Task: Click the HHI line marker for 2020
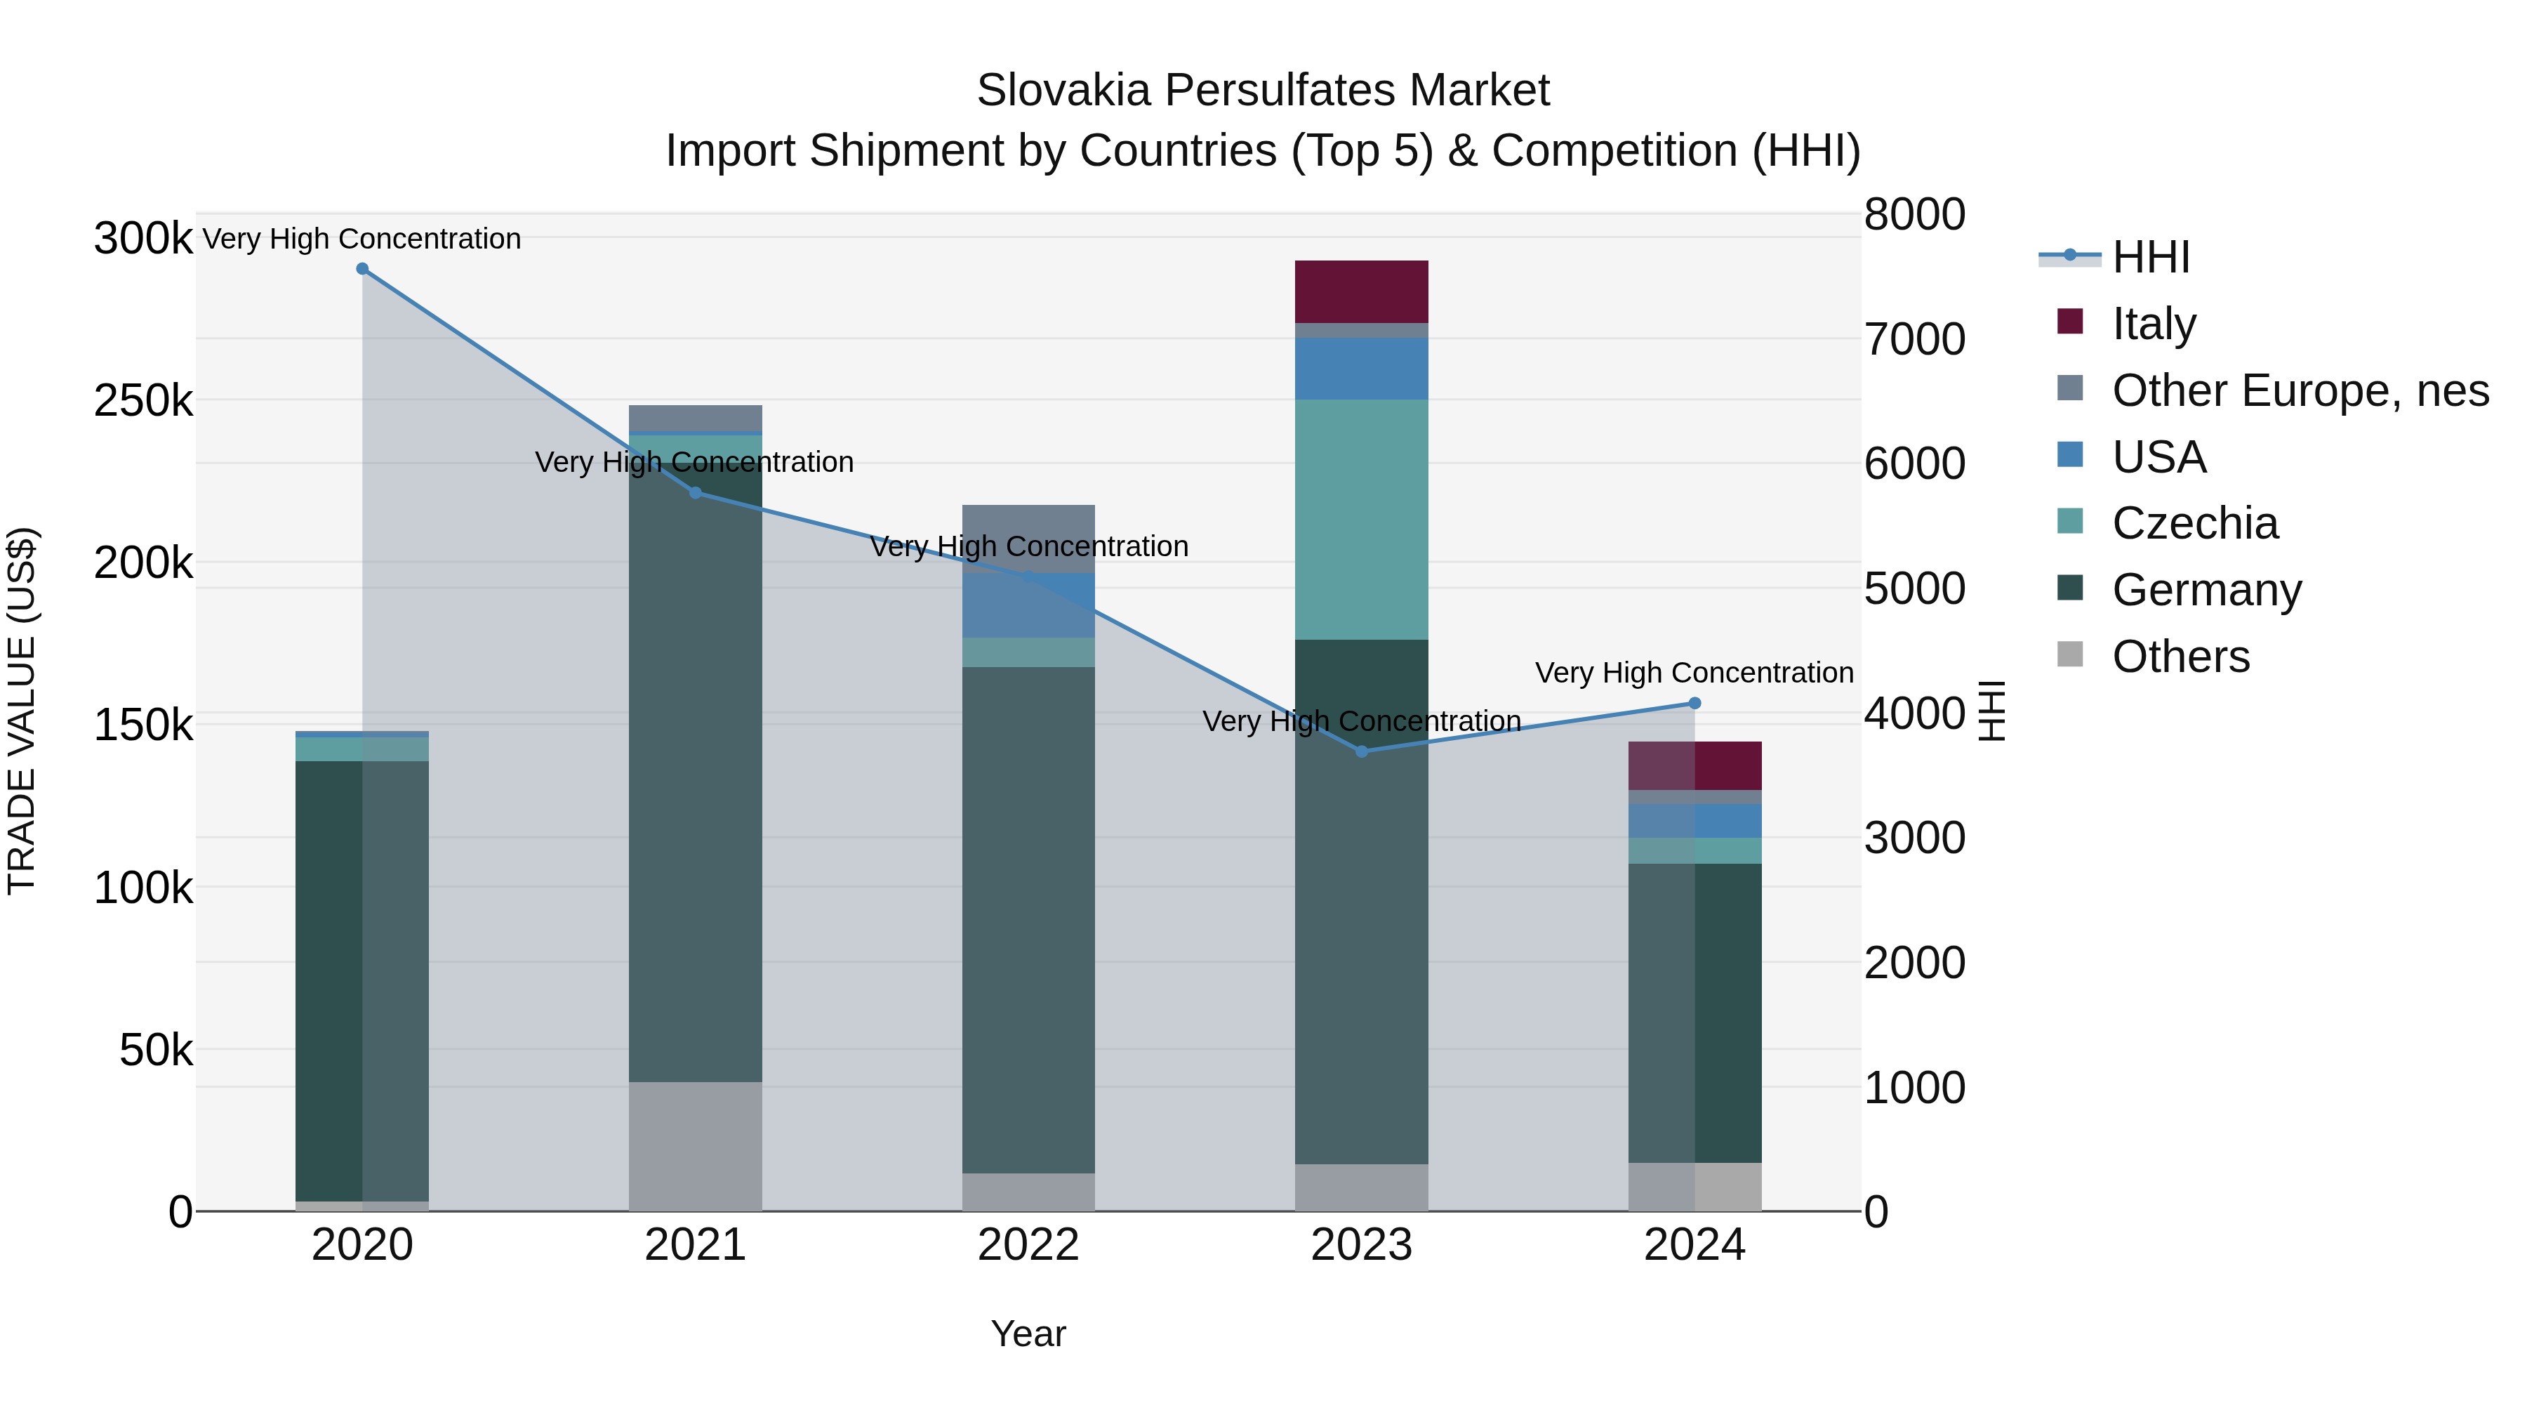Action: [362, 269]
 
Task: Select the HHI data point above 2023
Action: [1362, 751]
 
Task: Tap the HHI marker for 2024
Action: [1694, 704]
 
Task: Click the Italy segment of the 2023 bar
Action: [1362, 291]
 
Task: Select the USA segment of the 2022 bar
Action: [1028, 605]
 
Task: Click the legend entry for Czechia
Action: [2194, 523]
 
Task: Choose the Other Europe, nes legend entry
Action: [2300, 390]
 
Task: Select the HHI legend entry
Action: [2150, 257]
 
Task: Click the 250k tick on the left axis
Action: [143, 400]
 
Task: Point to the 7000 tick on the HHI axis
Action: [1914, 340]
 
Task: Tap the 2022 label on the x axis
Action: [1028, 1245]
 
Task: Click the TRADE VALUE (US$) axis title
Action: [22, 711]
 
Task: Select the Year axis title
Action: [1028, 1334]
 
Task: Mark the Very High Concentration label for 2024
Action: [1694, 673]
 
